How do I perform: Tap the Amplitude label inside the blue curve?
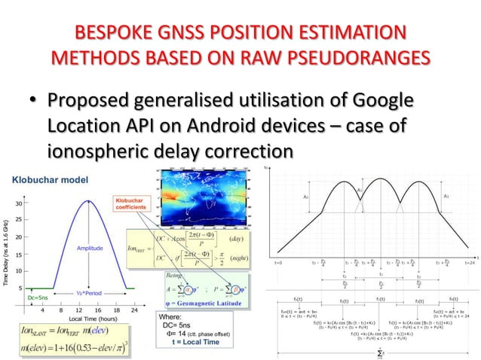[x=90, y=247]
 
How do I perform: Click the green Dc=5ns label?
[x=38, y=298]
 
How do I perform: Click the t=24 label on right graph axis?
[x=469, y=262]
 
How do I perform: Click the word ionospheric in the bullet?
[x=106, y=151]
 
